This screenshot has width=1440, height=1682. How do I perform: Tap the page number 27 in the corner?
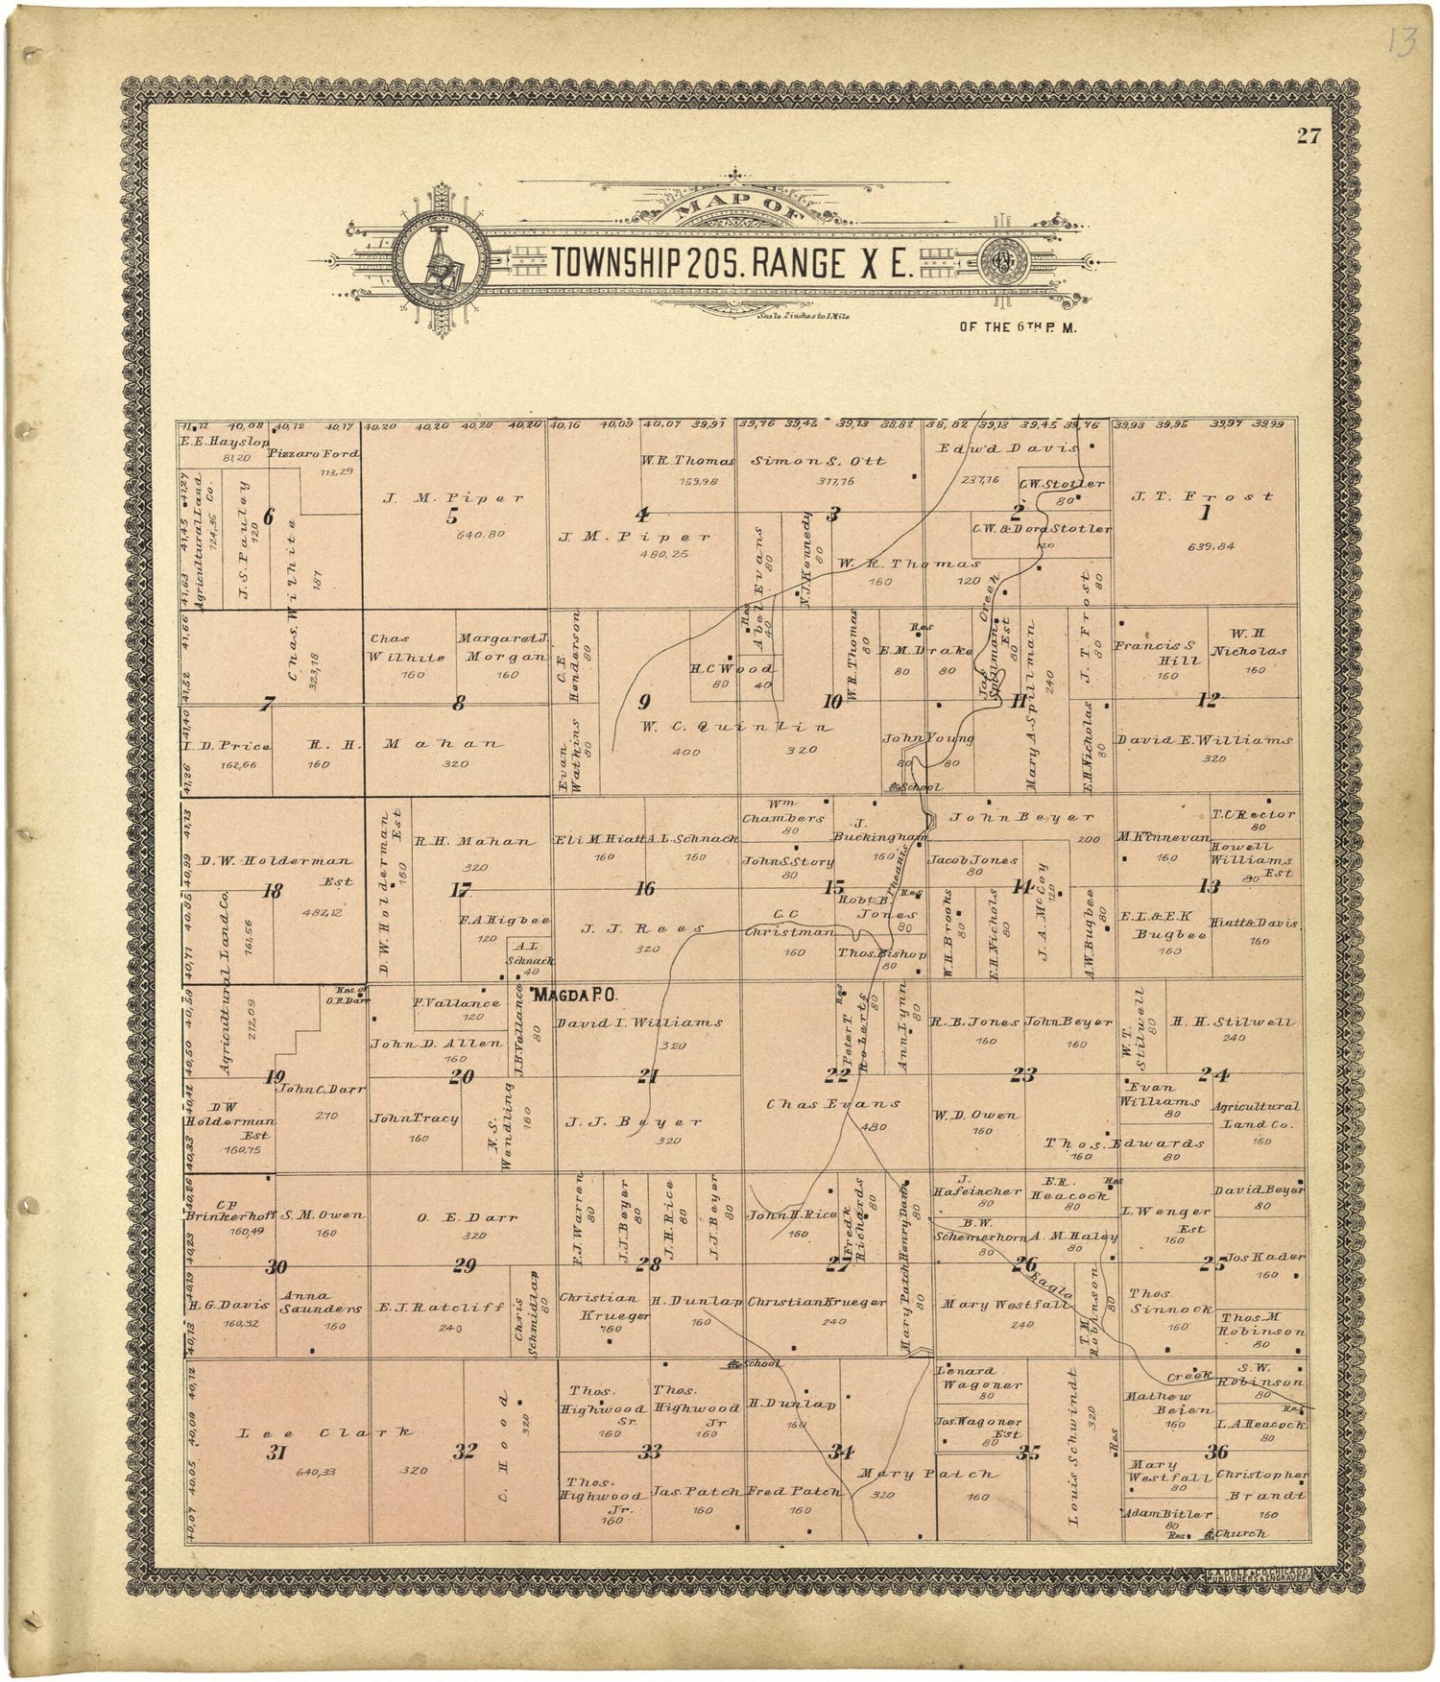tap(1308, 135)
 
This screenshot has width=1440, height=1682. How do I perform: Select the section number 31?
tap(276, 1452)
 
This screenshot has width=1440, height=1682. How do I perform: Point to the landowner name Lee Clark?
tap(326, 1432)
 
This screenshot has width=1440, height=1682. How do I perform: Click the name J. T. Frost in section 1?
tap(1203, 496)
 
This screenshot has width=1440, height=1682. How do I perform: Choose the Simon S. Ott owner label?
tap(819, 461)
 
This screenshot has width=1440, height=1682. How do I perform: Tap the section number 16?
tap(646, 889)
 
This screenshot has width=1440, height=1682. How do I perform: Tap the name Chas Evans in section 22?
tap(833, 1104)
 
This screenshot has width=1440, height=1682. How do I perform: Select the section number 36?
tap(1216, 1451)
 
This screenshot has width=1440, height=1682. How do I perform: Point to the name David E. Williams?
tap(1204, 740)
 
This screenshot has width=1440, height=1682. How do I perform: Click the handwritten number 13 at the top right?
tap(1402, 43)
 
